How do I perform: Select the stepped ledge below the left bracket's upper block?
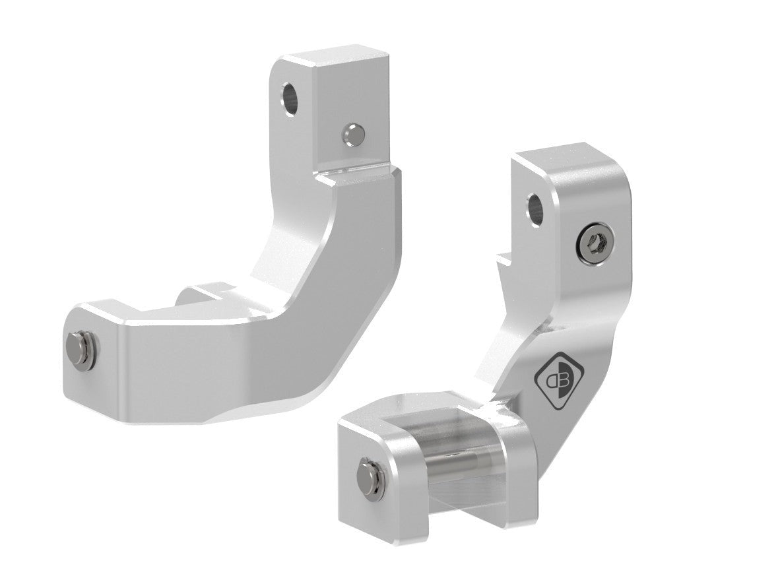tap(356, 173)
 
